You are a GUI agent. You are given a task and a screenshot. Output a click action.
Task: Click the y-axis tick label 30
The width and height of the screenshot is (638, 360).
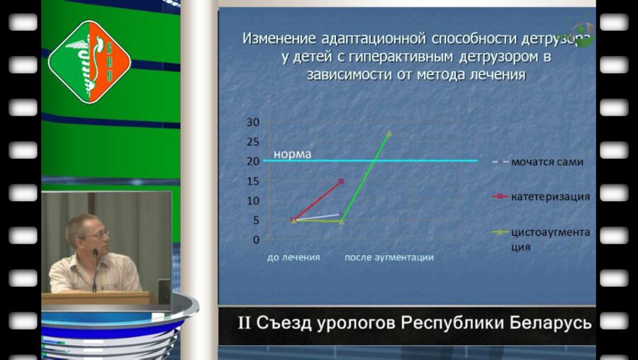253,122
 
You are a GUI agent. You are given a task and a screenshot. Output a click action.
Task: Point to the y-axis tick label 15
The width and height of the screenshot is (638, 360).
253,181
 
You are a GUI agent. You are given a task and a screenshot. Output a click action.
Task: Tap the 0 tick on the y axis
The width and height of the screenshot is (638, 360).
256,240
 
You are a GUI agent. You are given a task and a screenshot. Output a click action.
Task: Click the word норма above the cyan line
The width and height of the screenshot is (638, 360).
292,153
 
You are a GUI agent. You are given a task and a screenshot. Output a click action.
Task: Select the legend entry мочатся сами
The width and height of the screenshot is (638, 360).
547,162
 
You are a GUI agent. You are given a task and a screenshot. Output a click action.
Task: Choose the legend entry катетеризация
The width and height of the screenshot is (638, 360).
550,196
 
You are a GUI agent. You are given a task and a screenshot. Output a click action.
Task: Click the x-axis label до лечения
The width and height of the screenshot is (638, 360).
293,257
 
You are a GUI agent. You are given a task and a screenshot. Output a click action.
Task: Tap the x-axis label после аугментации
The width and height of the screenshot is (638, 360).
388,257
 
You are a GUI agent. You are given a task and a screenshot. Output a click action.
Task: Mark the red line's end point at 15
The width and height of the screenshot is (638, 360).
342,181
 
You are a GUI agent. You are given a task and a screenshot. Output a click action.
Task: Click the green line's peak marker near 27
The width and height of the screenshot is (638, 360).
388,133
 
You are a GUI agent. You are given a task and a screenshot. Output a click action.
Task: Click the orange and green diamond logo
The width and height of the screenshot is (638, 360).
89,61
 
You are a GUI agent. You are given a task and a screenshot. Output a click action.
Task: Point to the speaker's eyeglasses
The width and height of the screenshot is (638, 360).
97,234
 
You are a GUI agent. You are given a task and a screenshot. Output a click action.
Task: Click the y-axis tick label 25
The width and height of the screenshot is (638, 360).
253,142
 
